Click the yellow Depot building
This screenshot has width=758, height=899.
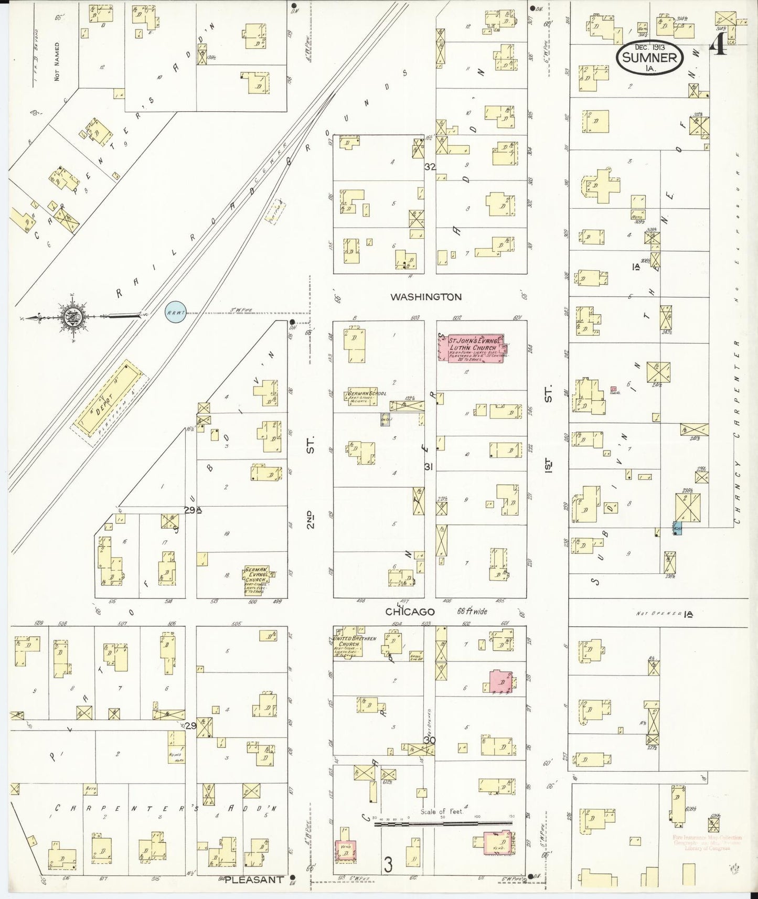(x=111, y=400)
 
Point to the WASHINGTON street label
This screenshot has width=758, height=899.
(x=426, y=297)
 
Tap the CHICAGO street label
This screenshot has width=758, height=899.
(x=410, y=612)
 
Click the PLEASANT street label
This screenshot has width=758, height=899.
(x=254, y=879)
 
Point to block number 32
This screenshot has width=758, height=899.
(x=430, y=167)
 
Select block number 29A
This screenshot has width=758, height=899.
(x=193, y=510)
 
